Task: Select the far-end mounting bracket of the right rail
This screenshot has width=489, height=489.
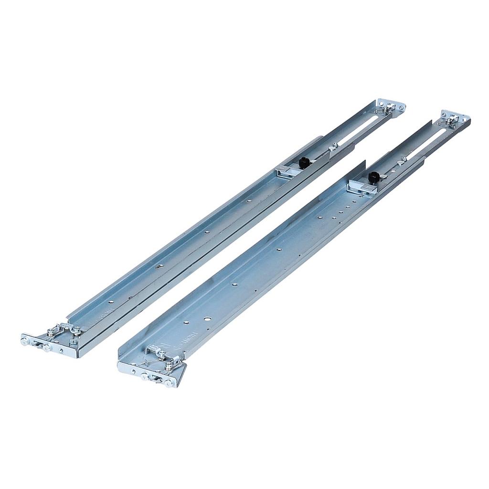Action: [x=454, y=119]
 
